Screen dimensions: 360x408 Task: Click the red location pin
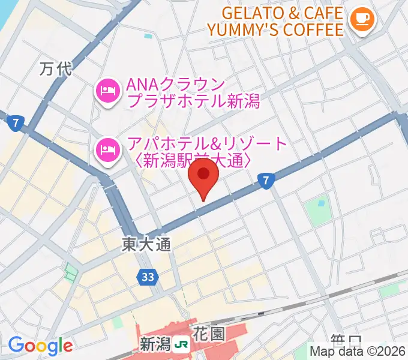[204, 178]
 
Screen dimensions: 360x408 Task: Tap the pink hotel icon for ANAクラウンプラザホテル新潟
[107, 91]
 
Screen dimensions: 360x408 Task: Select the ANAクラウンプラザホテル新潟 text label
[192, 92]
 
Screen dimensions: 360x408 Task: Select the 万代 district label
[55, 69]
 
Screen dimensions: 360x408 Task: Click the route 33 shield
[147, 277]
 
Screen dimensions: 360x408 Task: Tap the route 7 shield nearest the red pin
[266, 179]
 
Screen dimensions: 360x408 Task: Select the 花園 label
[208, 334]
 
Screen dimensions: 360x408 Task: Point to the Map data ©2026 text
[358, 352]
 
